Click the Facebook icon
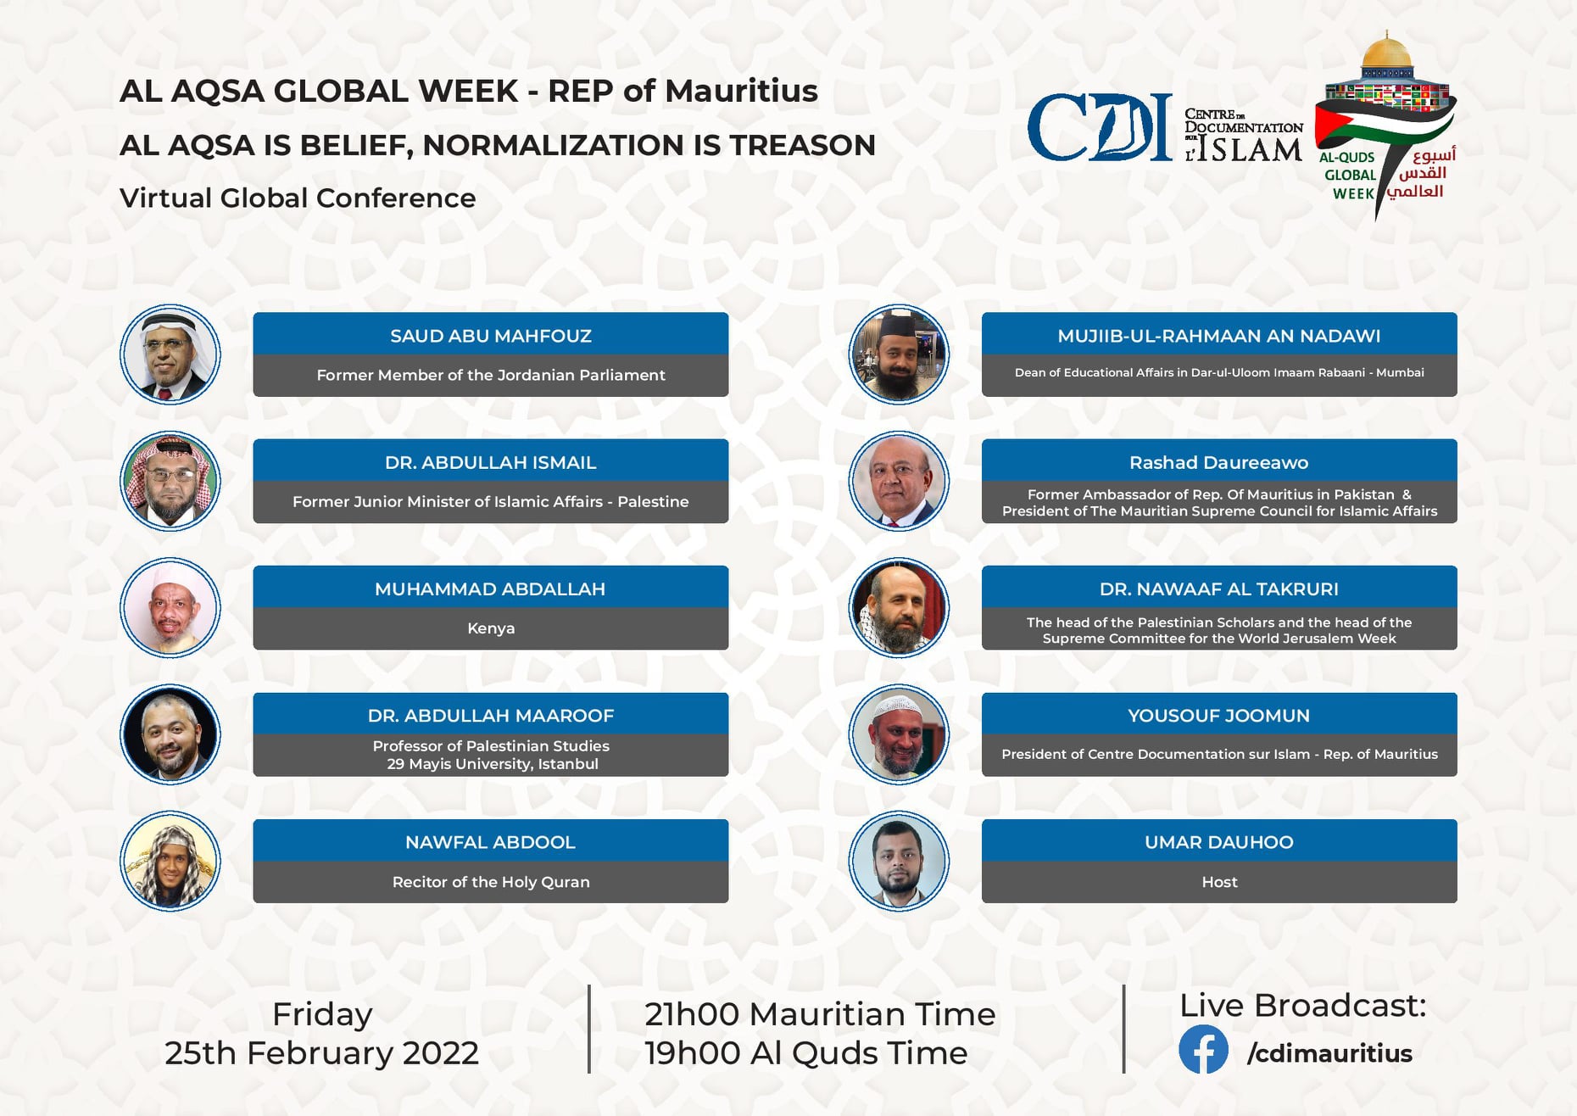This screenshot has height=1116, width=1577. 1203,1050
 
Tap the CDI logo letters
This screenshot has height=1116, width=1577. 1100,127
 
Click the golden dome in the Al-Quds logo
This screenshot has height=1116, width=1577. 1385,53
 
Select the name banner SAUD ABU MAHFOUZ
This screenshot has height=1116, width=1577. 491,336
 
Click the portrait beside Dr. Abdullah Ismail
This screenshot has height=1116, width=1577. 170,481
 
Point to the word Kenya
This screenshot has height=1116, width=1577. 491,628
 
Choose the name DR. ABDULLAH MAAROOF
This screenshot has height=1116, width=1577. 491,716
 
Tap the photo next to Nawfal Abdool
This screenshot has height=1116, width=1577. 170,861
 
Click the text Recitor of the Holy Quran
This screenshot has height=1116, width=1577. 491,882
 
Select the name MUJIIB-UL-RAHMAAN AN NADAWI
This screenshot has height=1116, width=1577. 1219,336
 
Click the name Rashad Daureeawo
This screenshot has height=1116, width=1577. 1219,463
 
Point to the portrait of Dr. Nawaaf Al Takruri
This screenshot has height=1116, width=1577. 899,608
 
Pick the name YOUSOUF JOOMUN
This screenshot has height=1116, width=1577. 1219,716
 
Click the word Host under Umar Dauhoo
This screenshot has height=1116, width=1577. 1219,882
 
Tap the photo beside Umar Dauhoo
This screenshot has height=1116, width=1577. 899,861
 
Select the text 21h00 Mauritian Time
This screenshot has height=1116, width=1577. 820,1014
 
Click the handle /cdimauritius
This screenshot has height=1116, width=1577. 1329,1053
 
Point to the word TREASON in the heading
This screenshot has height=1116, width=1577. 802,145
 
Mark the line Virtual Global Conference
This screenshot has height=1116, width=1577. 298,198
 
